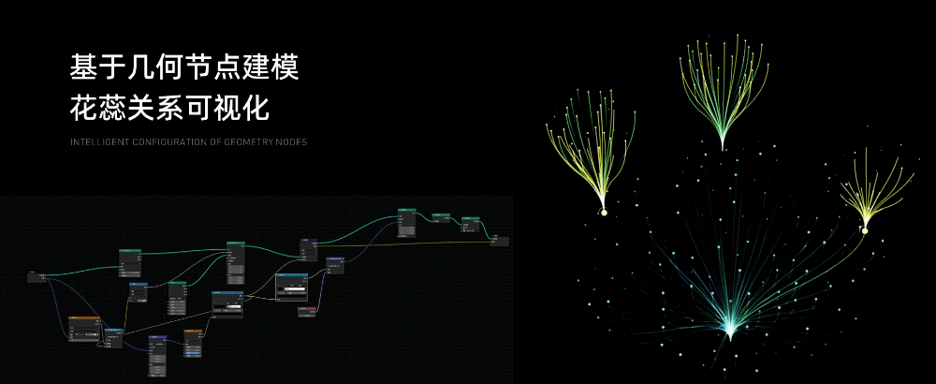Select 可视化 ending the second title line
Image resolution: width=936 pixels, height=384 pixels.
click(228, 108)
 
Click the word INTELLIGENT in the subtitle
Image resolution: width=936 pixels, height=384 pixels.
click(95, 142)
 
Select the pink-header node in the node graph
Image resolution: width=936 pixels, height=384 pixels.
click(305, 309)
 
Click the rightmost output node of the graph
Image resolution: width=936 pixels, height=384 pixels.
click(501, 240)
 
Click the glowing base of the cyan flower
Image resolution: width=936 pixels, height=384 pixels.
click(730, 330)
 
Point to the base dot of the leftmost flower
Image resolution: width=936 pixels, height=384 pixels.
click(604, 212)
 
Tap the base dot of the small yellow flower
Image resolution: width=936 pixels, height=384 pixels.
click(865, 230)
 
